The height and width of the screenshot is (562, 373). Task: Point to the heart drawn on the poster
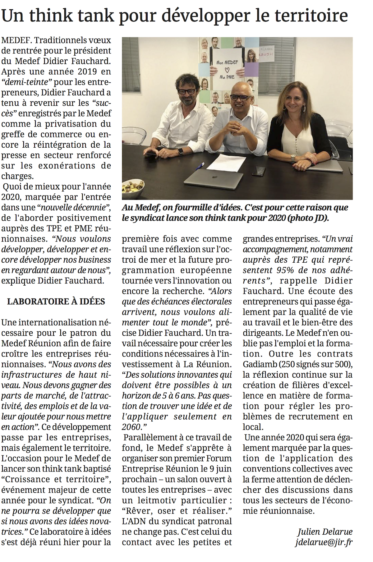pyautogui.click(x=227, y=68)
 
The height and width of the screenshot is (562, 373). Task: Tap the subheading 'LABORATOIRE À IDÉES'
pyautogui.click(x=56, y=302)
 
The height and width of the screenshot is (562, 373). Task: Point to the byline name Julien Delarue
pyautogui.click(x=325, y=532)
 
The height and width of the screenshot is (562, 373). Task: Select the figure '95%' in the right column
pyautogui.click(x=282, y=270)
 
